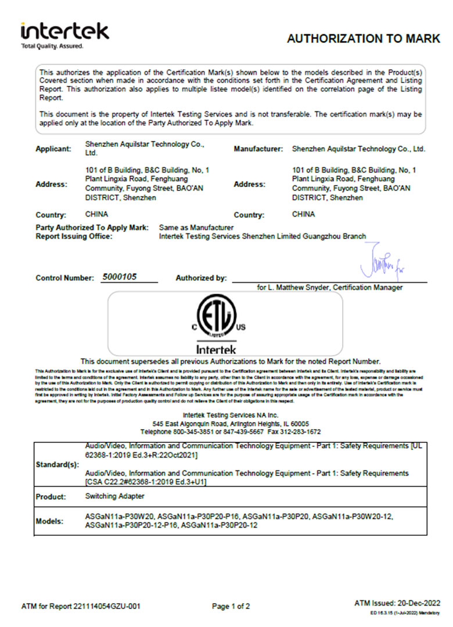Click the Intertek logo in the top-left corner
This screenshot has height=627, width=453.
click(64, 31)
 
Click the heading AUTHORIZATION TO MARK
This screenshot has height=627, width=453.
click(364, 39)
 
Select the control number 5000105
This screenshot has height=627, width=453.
click(119, 277)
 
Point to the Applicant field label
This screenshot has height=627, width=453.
click(53, 149)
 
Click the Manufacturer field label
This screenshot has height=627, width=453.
click(258, 149)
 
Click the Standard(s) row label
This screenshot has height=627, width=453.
click(57, 466)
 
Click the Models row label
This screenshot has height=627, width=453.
click(51, 521)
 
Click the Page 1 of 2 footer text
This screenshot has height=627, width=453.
click(231, 606)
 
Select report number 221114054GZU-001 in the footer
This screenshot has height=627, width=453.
click(107, 606)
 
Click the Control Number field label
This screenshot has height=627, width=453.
click(64, 278)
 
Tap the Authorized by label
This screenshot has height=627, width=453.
click(201, 278)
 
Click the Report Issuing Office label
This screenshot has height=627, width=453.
click(74, 236)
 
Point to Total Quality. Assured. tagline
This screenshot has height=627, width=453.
click(52, 46)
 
